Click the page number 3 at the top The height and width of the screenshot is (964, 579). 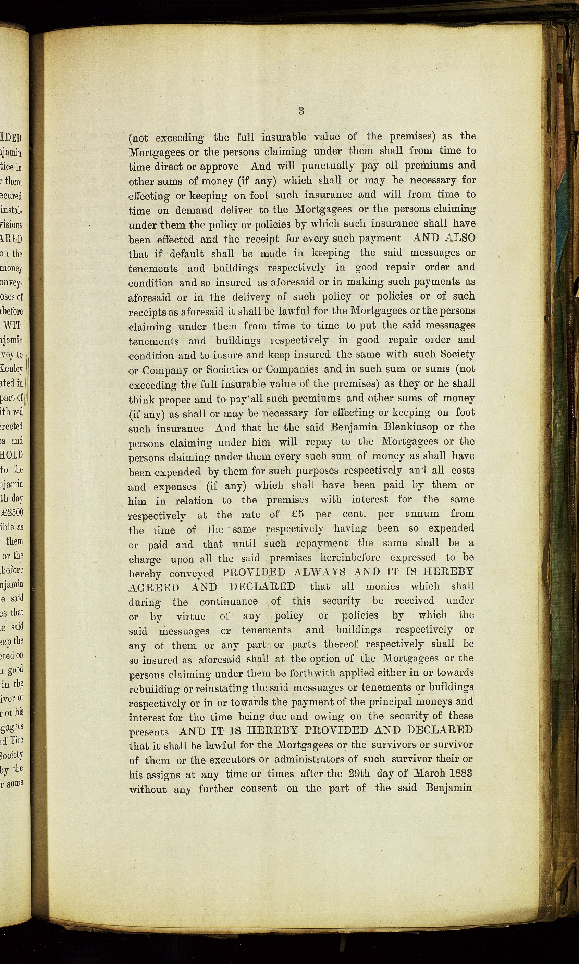[301, 111]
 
